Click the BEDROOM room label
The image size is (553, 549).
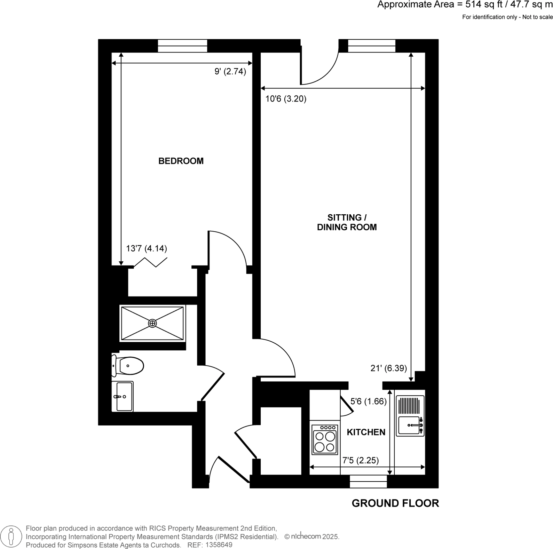click(181, 161)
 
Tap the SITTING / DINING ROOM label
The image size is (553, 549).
click(347, 222)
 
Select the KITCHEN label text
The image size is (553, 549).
click(366, 432)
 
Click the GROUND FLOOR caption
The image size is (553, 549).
click(395, 503)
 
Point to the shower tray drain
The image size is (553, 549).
click(152, 324)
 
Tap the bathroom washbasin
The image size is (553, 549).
click(123, 396)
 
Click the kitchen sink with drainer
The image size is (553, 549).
click(410, 416)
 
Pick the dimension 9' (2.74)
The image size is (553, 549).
click(230, 72)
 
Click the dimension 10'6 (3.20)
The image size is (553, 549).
click(286, 99)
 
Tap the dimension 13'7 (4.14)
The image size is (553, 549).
click(146, 248)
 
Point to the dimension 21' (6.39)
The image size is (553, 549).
click(388, 368)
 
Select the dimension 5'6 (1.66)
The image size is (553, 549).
click(368, 401)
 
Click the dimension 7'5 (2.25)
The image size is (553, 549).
click(361, 460)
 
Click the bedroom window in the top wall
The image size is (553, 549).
click(182, 46)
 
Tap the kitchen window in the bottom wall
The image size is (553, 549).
click(368, 482)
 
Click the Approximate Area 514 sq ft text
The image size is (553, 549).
click(465, 5)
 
